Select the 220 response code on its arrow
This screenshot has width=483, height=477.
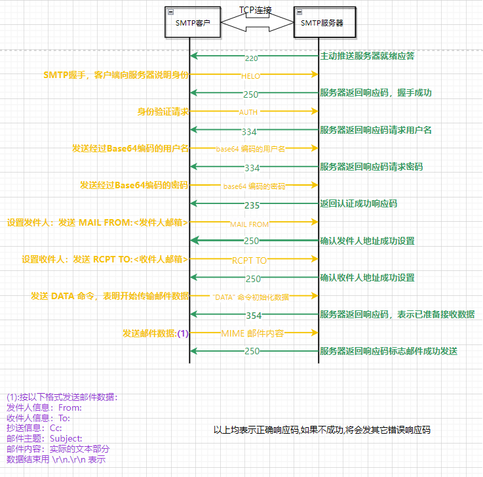click(x=251, y=58)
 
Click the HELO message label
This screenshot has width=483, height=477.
click(x=250, y=76)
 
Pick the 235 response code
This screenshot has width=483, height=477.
click(x=252, y=205)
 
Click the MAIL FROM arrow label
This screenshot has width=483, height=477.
click(x=249, y=224)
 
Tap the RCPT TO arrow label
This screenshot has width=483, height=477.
click(x=249, y=260)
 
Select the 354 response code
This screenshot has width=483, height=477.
click(x=253, y=316)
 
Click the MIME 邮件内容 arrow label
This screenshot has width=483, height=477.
click(x=252, y=333)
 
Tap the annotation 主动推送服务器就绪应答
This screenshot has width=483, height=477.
click(x=367, y=56)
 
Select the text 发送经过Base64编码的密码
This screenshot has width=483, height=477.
click(x=134, y=185)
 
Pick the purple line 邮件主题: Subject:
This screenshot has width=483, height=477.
click(x=45, y=438)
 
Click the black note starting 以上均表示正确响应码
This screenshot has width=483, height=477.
click(x=322, y=430)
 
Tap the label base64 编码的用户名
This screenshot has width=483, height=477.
click(x=250, y=150)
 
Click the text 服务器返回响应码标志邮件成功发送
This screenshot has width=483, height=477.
click(x=389, y=352)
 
